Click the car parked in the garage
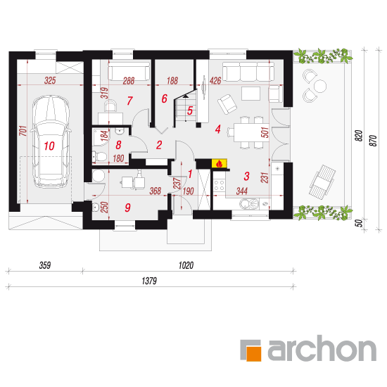point(51,141)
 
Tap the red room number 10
point(49,146)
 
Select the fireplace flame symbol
point(219,164)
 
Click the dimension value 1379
point(149,281)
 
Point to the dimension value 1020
point(186,265)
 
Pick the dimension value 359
point(45,265)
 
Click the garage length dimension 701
point(23,131)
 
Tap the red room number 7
point(130,101)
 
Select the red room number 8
point(118,145)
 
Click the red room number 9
point(127,208)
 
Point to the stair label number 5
point(189,110)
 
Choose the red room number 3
point(246,176)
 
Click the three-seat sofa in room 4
point(248,71)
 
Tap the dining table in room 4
point(251,132)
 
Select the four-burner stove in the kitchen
point(219,186)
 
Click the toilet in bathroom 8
point(99,156)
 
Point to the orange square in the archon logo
point(253,354)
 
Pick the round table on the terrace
point(320,86)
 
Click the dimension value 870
point(374,141)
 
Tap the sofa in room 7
point(129,71)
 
